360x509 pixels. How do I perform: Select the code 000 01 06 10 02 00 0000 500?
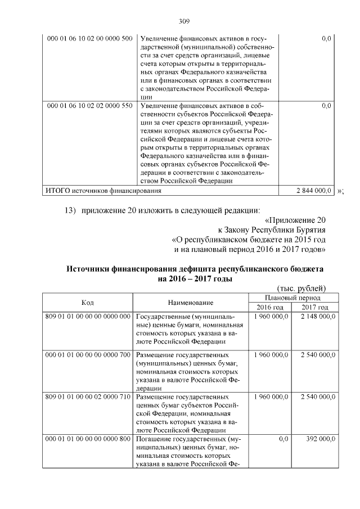[x=89, y=38]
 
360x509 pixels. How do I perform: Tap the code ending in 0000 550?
[x=89, y=105]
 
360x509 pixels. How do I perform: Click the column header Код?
[x=87, y=303]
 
